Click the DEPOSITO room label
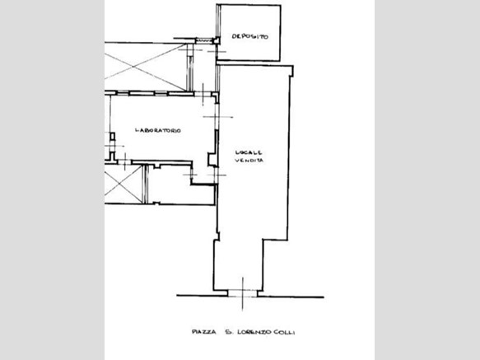point(249,36)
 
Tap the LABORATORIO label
point(158,130)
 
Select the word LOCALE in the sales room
point(249,152)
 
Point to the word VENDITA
point(249,161)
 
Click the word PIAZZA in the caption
point(204,332)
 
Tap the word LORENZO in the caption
point(254,332)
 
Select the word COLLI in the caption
point(284,332)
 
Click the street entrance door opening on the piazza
point(243,293)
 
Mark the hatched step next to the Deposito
point(204,40)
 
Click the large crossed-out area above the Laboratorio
point(146,67)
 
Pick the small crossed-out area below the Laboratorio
point(123,184)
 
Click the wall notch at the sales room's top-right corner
point(291,71)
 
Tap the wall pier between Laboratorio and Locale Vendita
point(212,159)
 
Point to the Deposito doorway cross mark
point(217,51)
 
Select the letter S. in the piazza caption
point(228,332)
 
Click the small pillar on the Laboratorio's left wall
point(113,137)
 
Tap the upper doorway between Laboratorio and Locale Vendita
point(217,117)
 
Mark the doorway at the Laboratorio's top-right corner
point(203,94)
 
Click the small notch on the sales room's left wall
point(218,236)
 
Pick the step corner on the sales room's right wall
point(263,240)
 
